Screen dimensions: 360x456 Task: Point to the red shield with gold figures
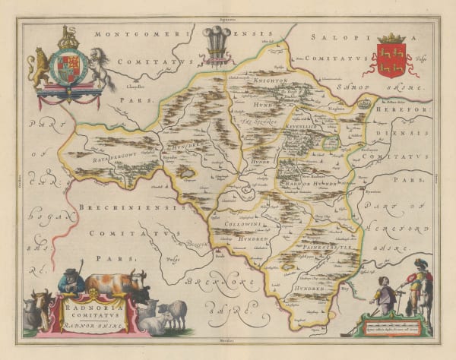click(394, 58)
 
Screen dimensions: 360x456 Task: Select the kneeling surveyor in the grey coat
click(385, 295)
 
